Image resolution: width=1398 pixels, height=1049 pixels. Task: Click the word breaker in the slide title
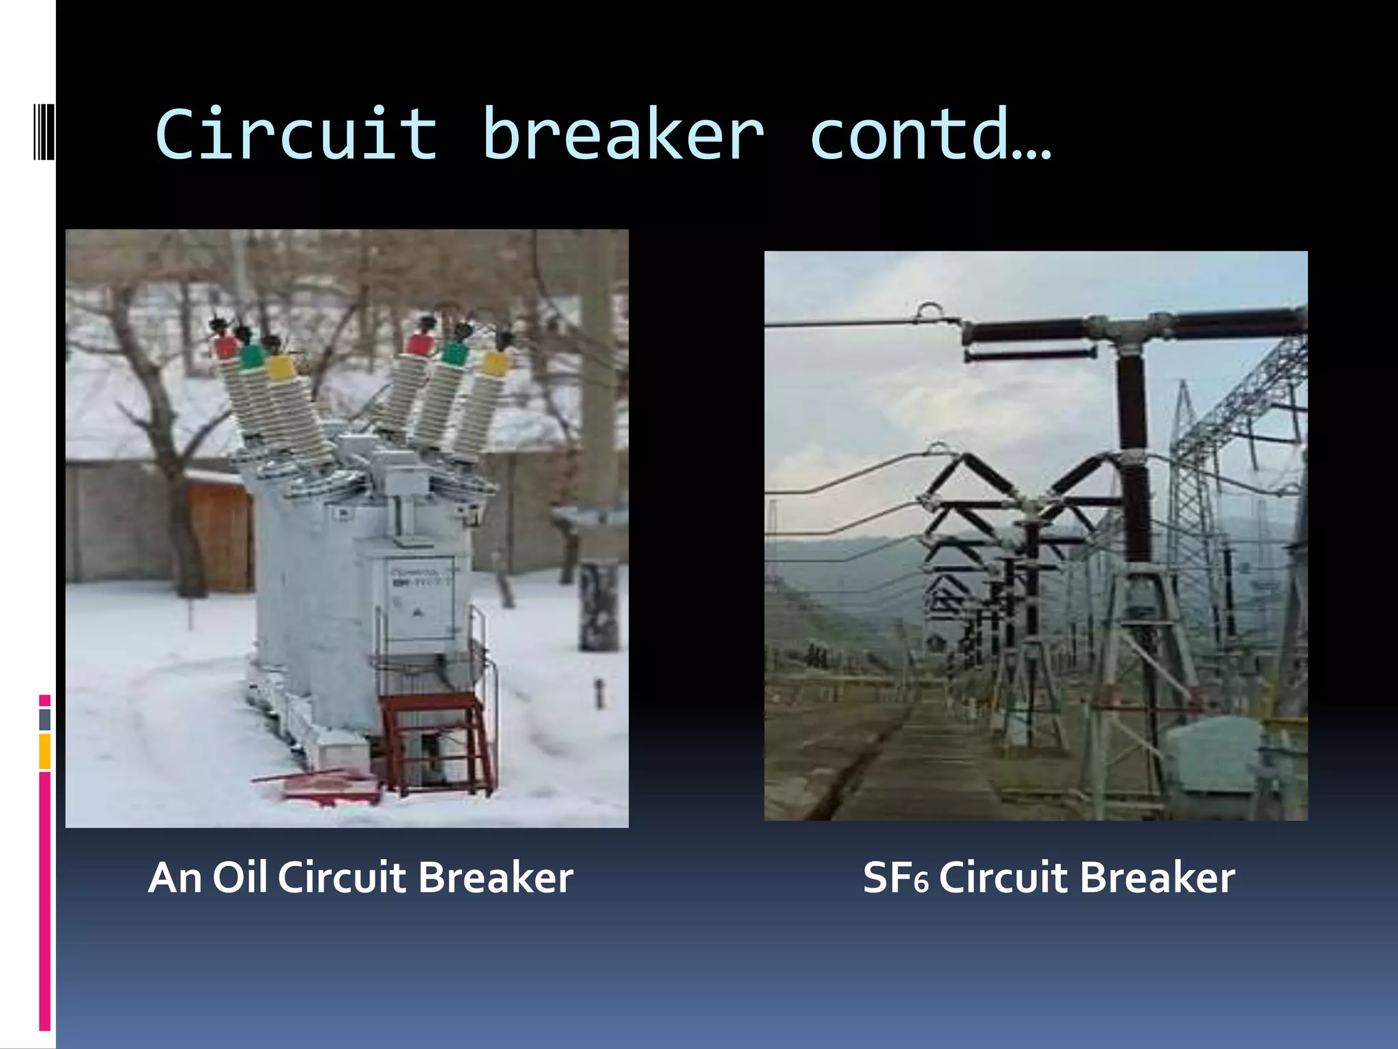pos(623,135)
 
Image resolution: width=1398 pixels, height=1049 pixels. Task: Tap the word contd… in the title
pos(930,135)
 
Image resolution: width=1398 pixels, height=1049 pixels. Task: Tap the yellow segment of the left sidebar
pos(44,751)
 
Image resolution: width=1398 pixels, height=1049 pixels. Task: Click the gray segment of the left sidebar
pos(44,719)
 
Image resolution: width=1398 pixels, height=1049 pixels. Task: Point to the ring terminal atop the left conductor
pos(928,311)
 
